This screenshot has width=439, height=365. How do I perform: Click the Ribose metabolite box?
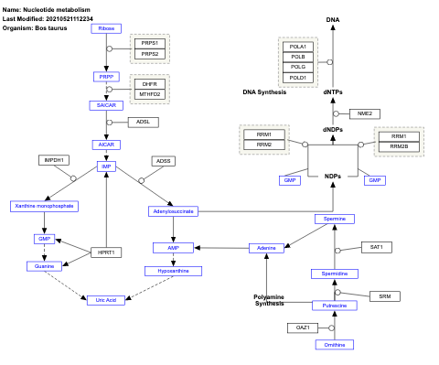point(107,28)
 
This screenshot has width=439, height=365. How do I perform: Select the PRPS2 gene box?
point(149,55)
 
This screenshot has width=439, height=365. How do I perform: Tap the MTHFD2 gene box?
point(149,93)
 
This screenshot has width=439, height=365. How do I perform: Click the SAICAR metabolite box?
point(107,105)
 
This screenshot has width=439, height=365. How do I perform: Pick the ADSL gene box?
point(143,122)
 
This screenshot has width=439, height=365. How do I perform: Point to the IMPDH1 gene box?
point(54,160)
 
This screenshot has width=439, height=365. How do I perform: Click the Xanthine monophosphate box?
point(45,206)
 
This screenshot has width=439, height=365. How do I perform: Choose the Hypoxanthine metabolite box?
point(173,271)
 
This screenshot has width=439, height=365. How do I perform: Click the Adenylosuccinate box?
point(173,211)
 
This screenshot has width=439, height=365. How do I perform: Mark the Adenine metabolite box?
point(267,248)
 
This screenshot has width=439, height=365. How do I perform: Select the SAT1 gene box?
point(376,247)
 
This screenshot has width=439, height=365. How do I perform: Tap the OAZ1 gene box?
point(303,327)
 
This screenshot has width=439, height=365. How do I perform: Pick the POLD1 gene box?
point(298,78)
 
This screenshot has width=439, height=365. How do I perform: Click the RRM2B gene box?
point(399,146)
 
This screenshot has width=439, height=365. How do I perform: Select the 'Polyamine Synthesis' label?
point(269,299)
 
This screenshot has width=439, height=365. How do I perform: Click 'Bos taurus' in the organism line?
point(51,27)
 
